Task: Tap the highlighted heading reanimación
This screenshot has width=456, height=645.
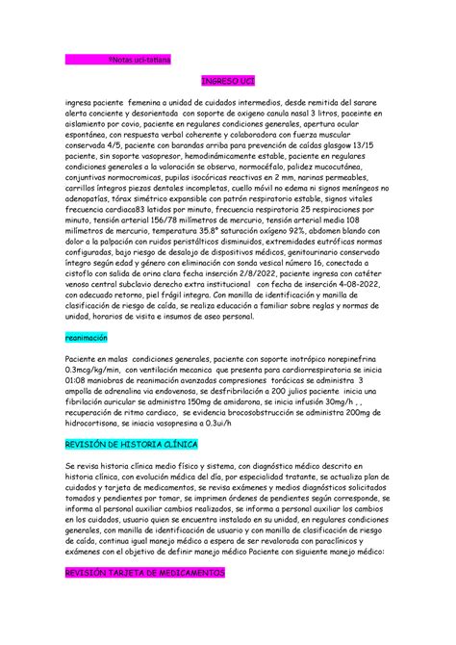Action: (x=86, y=339)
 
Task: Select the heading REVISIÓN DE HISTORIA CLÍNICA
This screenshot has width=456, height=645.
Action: (x=130, y=445)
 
